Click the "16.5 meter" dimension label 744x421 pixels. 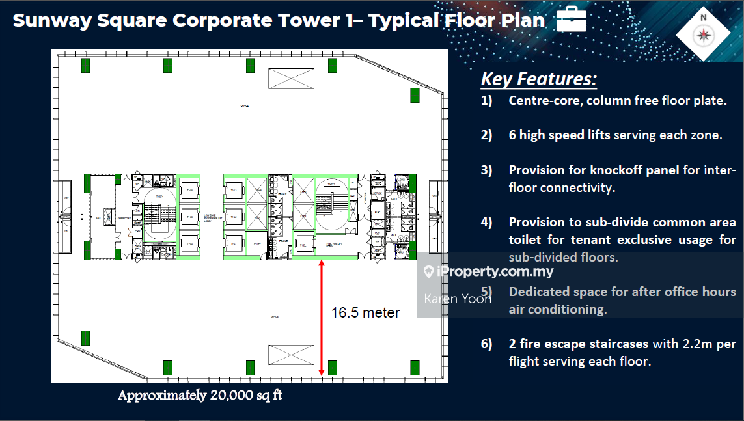[x=365, y=312]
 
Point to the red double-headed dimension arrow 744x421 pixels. [x=322, y=318]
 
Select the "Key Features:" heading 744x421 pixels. [x=538, y=79]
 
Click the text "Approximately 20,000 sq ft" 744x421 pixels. [x=200, y=396]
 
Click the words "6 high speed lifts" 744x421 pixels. [x=559, y=135]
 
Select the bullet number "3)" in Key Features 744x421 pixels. [x=487, y=170]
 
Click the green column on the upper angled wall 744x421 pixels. [x=415, y=95]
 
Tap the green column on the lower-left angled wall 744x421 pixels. [x=85, y=338]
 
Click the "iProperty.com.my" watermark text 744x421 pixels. [x=495, y=272]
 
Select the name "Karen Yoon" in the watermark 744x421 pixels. [x=457, y=299]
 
